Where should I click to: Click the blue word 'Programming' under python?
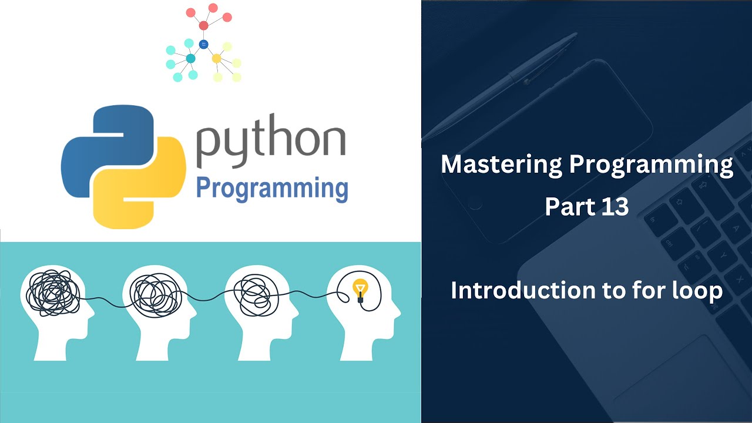[x=271, y=189]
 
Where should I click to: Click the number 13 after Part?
[x=615, y=207]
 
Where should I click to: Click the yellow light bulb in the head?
[x=360, y=289]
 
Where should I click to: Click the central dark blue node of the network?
[x=204, y=44]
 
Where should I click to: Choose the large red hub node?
[x=204, y=25]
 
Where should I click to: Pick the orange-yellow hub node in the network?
[x=216, y=58]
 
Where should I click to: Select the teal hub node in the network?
[x=190, y=58]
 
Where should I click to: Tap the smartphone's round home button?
[x=475, y=203]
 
